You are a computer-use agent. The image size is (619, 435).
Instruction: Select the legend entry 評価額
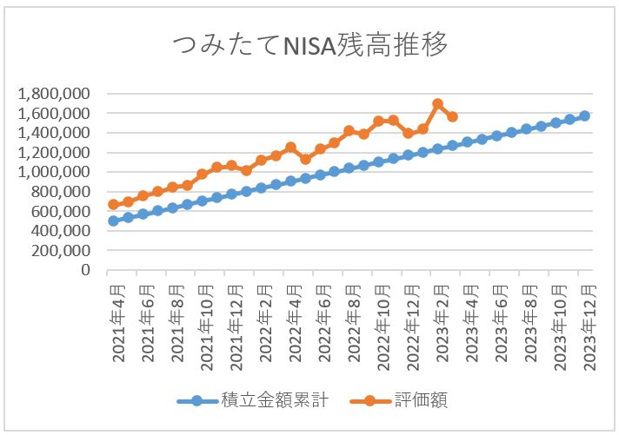click(423, 400)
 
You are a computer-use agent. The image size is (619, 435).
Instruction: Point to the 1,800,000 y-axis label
click(55, 94)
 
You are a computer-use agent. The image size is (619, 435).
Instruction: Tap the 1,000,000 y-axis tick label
click(55, 172)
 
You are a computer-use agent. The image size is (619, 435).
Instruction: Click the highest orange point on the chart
click(437, 104)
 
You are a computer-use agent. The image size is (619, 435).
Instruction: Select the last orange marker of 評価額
click(452, 116)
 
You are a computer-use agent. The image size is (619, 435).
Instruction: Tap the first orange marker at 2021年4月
click(113, 204)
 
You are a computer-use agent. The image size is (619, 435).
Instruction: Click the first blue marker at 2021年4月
click(113, 221)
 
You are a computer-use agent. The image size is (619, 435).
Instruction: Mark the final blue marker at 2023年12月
click(584, 115)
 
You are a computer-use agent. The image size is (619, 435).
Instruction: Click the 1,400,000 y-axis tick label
click(55, 133)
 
